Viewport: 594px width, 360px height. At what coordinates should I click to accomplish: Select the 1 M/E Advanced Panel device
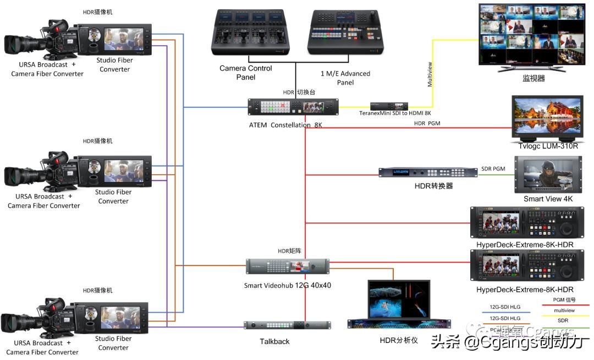(345, 34)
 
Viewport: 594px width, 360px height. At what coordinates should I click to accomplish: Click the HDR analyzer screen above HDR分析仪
(399, 300)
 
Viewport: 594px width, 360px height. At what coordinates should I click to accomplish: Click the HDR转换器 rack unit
(428, 173)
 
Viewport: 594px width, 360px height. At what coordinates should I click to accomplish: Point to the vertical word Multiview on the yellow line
(430, 75)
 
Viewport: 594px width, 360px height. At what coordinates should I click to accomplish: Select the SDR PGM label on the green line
(493, 168)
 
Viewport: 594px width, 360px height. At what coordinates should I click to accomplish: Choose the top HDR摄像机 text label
(101, 12)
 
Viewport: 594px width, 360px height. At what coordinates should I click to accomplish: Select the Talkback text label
(274, 341)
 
